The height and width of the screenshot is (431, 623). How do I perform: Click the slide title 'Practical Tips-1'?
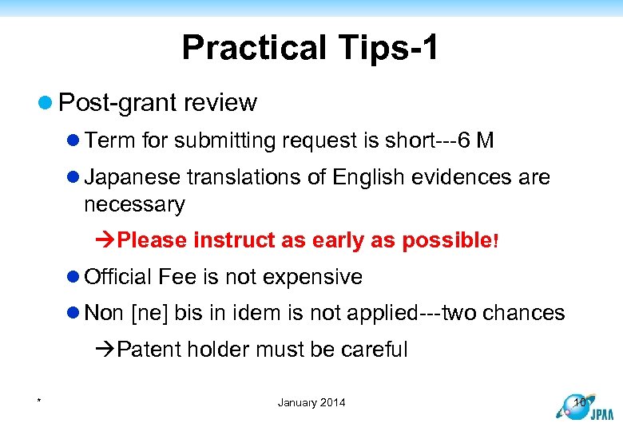pyautogui.click(x=310, y=48)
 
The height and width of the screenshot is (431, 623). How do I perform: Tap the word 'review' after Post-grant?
pyautogui.click(x=220, y=103)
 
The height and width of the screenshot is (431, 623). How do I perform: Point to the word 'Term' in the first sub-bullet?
pyautogui.click(x=110, y=141)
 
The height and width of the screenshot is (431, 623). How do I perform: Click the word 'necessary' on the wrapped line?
pyautogui.click(x=134, y=204)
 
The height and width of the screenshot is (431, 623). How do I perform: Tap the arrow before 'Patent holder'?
pyautogui.click(x=105, y=350)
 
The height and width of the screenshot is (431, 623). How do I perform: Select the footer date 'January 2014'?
pyautogui.click(x=311, y=402)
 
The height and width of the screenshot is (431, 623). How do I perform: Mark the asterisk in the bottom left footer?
pyautogui.click(x=38, y=401)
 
